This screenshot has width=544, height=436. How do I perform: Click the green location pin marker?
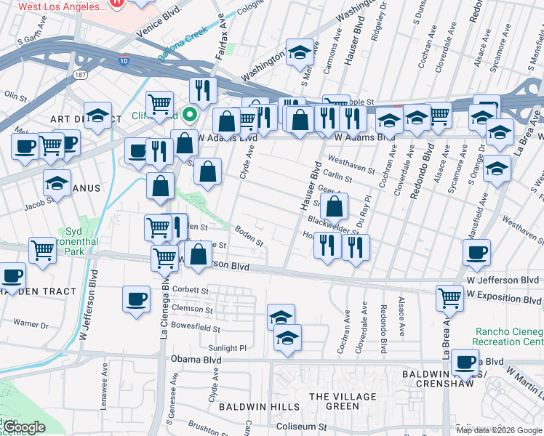pyautogui.click(x=190, y=114)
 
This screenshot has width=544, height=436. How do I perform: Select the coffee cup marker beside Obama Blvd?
pyautogui.click(x=465, y=361)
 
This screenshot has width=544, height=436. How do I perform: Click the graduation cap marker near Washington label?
pyautogui.click(x=300, y=52)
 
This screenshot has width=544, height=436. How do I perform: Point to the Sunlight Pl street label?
pyautogui.click(x=228, y=348)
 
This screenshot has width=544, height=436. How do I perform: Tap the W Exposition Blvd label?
pyautogui.click(x=505, y=295)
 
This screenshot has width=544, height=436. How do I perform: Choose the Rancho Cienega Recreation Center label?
pyautogui.click(x=508, y=336)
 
